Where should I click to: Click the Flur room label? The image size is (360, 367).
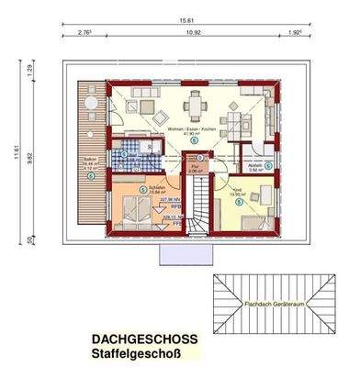(x=194, y=166)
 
